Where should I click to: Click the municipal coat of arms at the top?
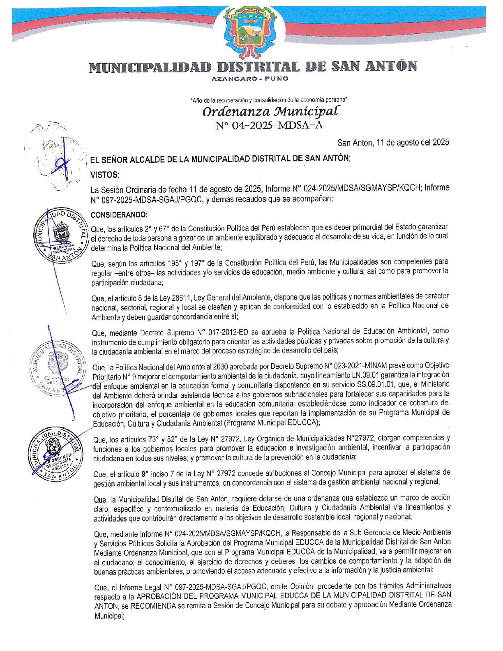click(x=251, y=32)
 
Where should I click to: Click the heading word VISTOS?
click(x=105, y=175)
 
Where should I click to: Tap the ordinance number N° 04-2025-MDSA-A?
click(x=269, y=126)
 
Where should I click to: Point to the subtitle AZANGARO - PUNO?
click(x=250, y=78)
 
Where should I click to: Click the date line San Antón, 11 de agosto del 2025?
click(x=393, y=143)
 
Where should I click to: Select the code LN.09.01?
click(x=364, y=375)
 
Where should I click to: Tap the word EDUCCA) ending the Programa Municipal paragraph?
click(x=305, y=423)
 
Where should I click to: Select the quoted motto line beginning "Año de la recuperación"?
click(x=269, y=100)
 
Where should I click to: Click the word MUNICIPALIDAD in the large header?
click(x=150, y=67)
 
